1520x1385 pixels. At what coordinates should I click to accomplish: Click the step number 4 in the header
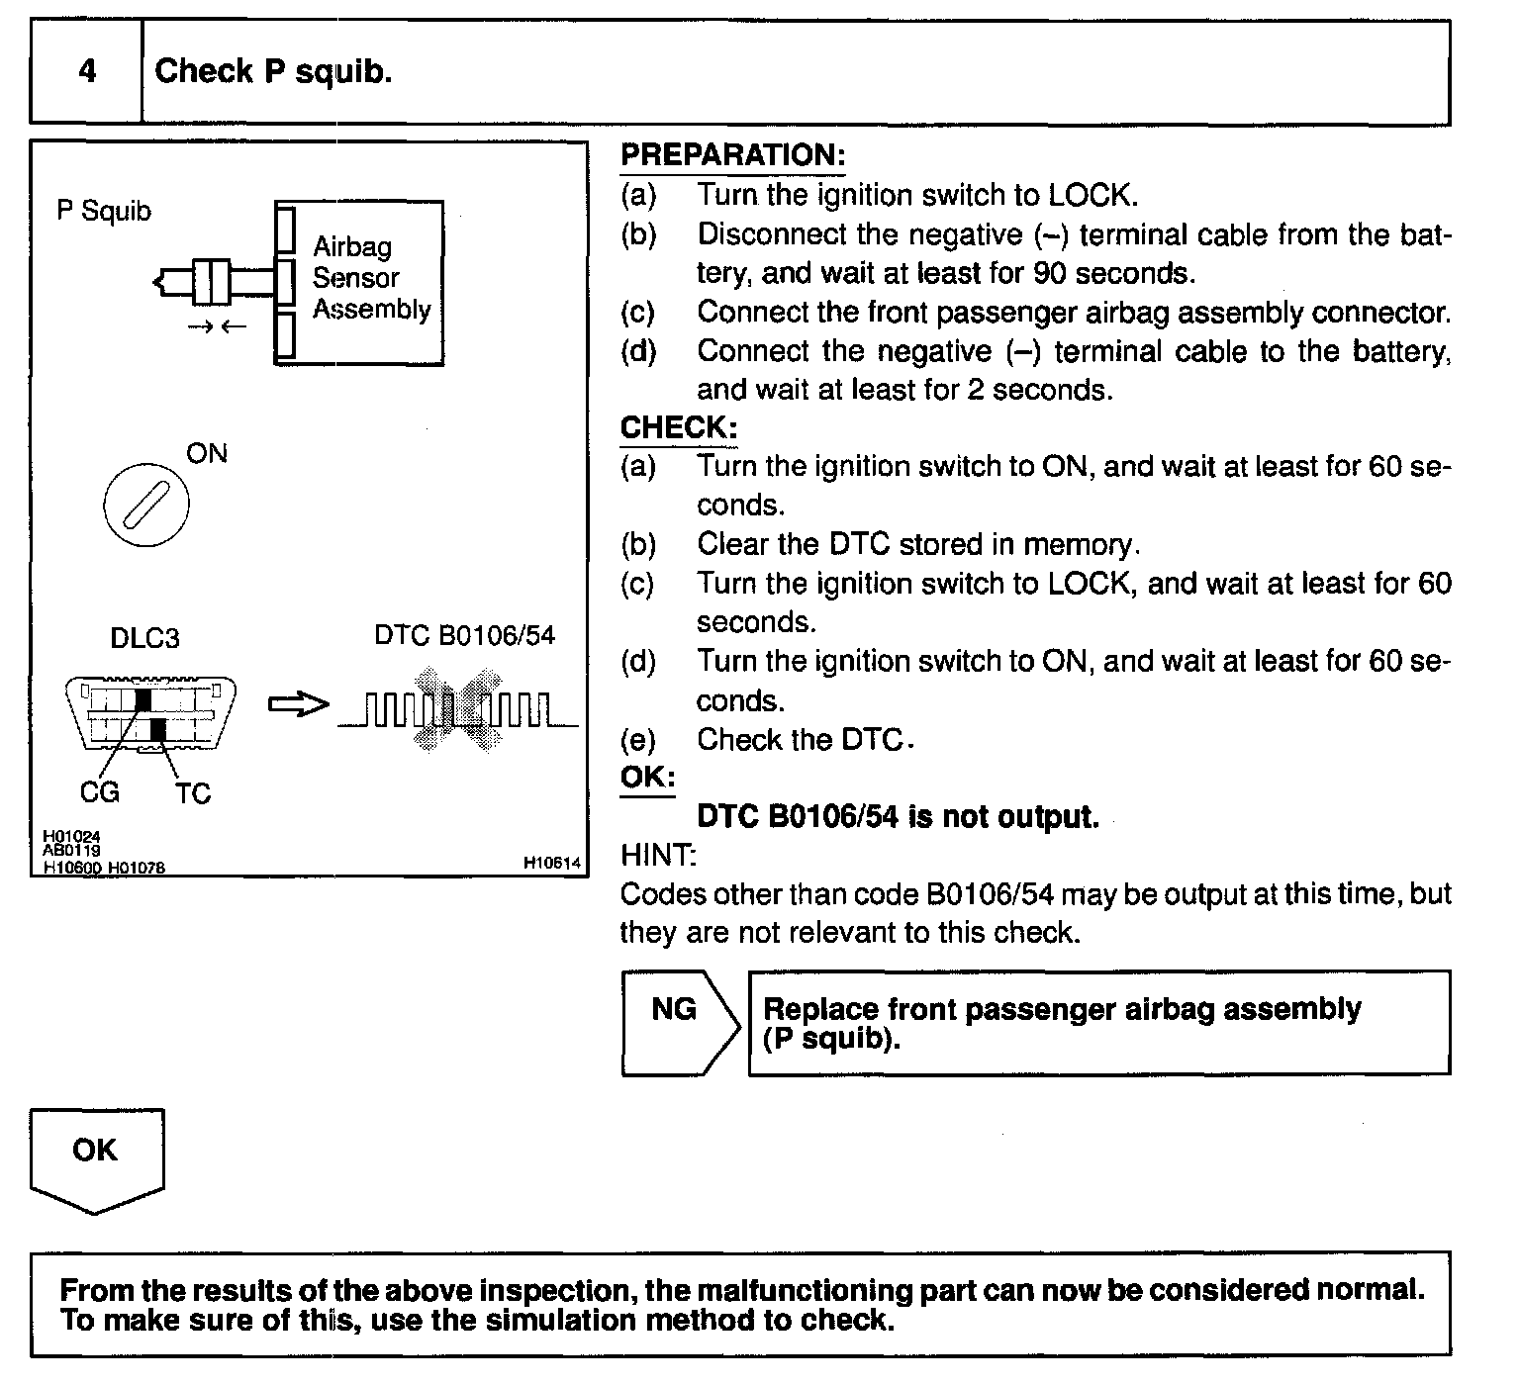[87, 71]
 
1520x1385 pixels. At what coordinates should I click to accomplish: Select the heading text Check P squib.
[273, 71]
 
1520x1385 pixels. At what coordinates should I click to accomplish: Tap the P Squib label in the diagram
[104, 211]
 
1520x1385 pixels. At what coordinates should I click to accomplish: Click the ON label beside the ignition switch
[207, 453]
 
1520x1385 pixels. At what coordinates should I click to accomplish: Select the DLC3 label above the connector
[144, 638]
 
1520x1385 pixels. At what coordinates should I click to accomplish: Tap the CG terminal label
[100, 791]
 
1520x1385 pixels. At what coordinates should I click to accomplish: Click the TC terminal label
[193, 793]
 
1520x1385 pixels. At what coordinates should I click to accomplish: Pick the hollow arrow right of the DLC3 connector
[298, 704]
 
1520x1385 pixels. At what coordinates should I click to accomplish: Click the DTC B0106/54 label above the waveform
[464, 635]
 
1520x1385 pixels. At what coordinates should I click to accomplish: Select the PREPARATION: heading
[732, 155]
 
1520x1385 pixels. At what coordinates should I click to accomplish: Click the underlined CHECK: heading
[679, 427]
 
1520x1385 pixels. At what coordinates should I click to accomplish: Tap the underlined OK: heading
[647, 778]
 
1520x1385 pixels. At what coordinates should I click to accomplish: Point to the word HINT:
[658, 854]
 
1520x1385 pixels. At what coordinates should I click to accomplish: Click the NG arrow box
[679, 1022]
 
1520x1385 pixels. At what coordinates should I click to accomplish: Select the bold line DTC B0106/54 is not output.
[898, 817]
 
